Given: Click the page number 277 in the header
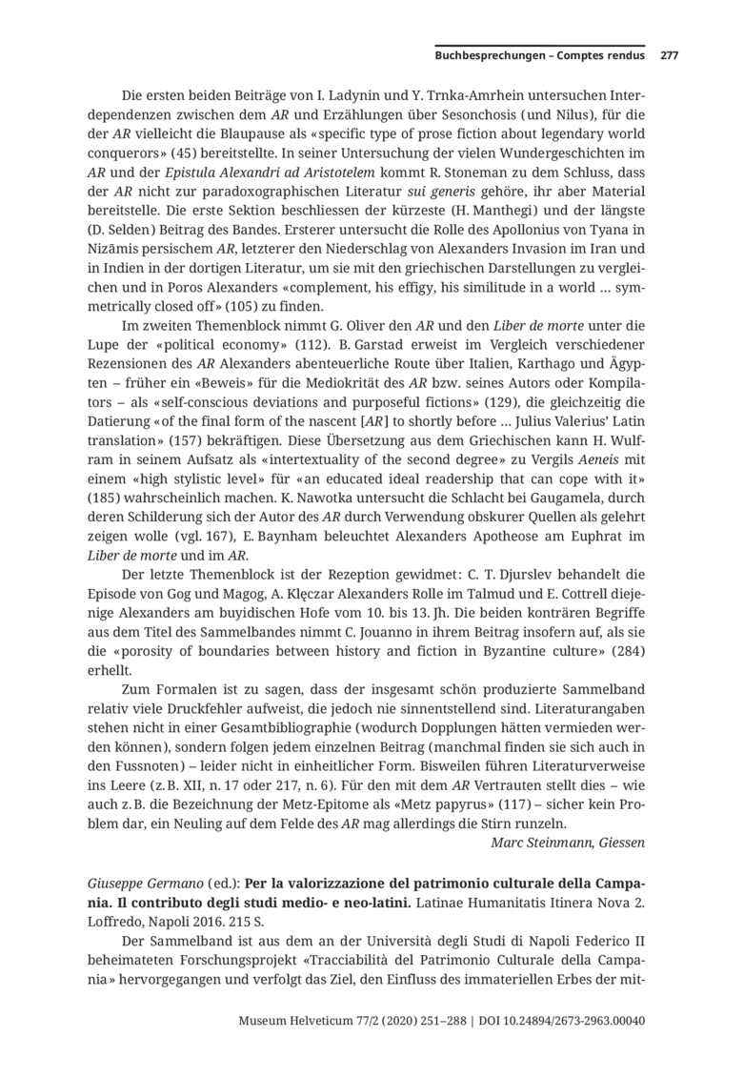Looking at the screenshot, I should [x=669, y=55].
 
